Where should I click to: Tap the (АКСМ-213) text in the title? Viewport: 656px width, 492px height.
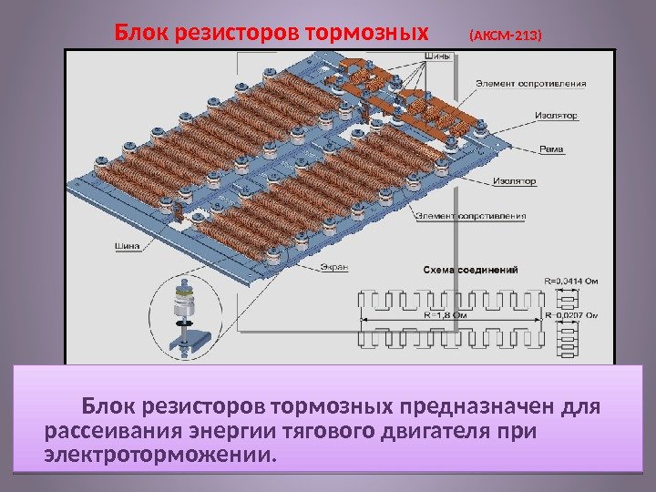(x=504, y=37)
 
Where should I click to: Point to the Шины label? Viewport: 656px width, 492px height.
(x=436, y=54)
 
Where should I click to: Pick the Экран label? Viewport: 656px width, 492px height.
(x=334, y=267)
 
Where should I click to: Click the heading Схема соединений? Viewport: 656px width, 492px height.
(x=470, y=270)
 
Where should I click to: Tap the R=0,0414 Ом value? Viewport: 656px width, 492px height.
(x=570, y=281)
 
